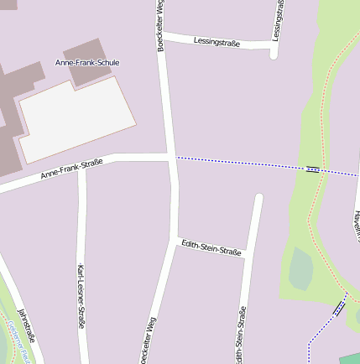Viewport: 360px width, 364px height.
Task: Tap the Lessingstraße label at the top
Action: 217,40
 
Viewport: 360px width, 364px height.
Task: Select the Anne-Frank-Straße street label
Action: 71,169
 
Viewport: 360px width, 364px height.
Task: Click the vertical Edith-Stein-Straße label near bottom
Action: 240,335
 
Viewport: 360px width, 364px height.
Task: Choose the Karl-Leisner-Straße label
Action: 81,295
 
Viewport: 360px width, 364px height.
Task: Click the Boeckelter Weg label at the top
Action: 160,25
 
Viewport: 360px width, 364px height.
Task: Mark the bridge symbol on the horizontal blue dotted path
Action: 313,169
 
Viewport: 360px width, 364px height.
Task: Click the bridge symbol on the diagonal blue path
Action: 340,308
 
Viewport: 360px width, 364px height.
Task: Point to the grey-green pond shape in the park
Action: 300,269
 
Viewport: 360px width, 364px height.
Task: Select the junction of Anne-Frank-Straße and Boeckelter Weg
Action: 171,157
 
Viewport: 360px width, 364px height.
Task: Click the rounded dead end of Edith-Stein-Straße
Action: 258,199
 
